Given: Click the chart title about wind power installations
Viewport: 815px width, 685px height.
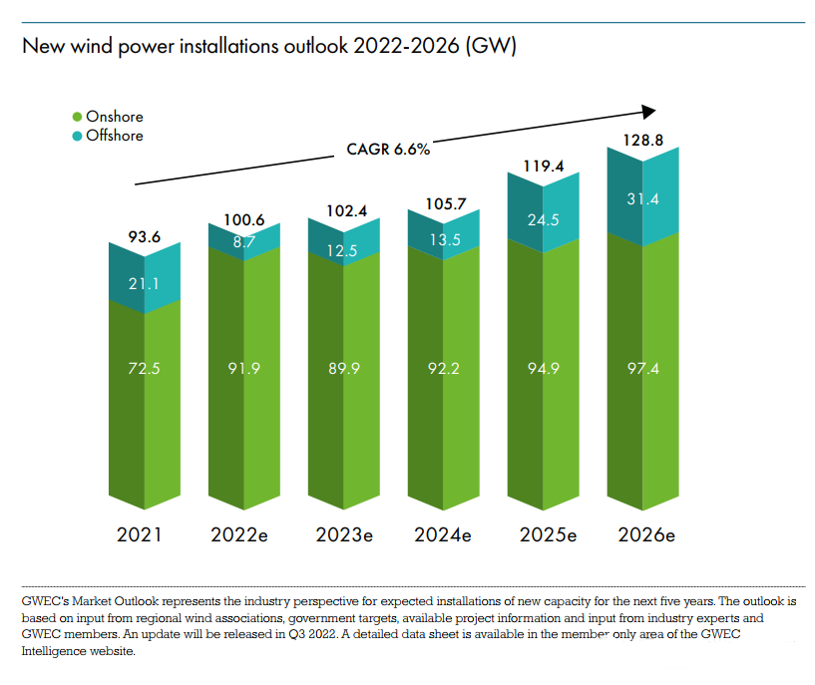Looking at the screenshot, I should (268, 47).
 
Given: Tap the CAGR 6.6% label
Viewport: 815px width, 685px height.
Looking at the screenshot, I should (388, 150).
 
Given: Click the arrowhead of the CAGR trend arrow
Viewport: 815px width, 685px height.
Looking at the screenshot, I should (649, 112).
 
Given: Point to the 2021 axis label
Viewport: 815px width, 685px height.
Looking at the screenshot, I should (139, 534).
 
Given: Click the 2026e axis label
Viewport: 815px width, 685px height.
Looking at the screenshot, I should (646, 534).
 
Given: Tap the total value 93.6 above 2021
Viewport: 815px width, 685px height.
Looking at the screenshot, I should (146, 237).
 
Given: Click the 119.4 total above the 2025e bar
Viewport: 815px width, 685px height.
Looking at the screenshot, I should (544, 167).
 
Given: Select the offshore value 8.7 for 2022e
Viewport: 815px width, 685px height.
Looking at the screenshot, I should (244, 240).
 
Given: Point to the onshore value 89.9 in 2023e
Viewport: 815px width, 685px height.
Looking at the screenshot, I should (344, 368).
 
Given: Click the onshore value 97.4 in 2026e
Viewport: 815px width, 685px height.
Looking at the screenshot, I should (643, 368).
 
